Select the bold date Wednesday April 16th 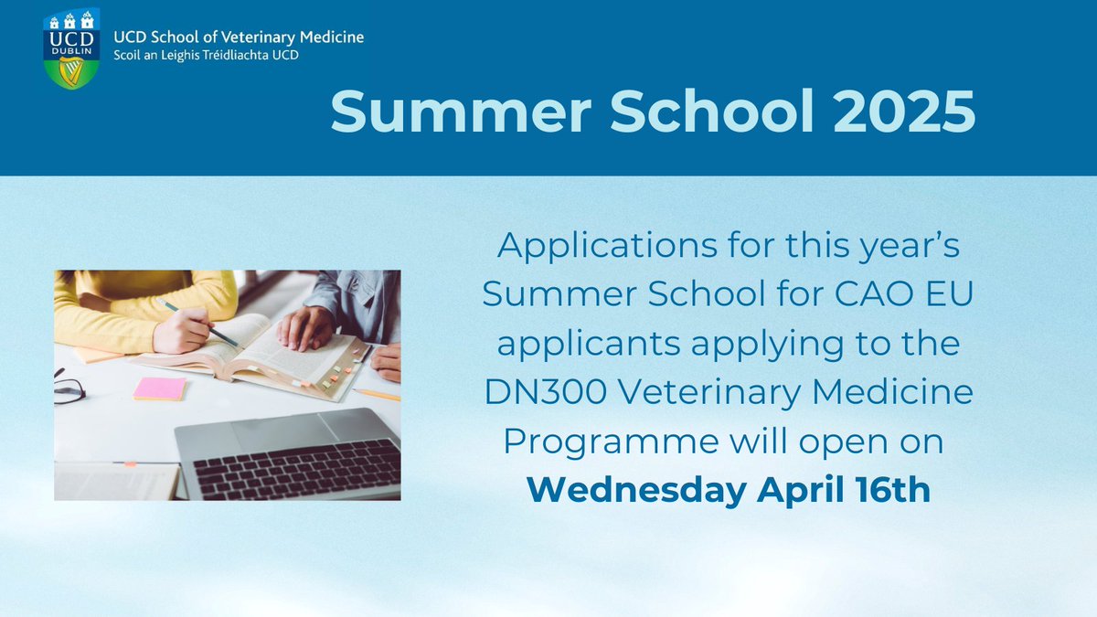729,489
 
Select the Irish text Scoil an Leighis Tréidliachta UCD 207,55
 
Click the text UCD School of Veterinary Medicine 239,37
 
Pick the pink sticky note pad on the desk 159,388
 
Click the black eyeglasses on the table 69,388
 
